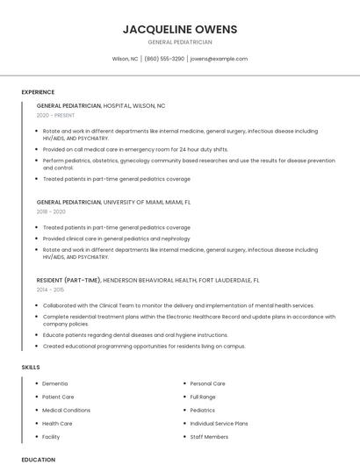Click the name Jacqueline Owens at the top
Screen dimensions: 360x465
point(179,29)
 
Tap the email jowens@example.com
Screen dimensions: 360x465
point(219,59)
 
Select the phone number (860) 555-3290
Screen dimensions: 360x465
point(164,59)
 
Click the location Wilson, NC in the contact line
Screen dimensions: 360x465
point(125,59)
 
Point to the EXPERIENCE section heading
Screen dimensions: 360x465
point(38,92)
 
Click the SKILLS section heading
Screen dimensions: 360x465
point(31,367)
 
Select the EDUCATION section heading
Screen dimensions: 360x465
point(38,459)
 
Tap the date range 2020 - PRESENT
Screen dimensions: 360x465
point(56,115)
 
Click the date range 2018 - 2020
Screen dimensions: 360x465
point(51,211)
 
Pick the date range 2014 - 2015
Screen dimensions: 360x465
point(50,289)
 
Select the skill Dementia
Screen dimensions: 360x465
point(54,383)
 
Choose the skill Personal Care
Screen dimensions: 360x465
point(207,383)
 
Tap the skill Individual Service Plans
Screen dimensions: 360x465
point(219,423)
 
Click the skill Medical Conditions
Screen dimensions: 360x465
point(66,410)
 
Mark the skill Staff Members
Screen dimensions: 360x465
point(209,436)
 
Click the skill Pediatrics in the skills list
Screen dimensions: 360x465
point(202,410)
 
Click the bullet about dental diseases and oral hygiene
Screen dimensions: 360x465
point(135,335)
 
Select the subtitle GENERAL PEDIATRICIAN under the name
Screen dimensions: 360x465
point(179,42)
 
